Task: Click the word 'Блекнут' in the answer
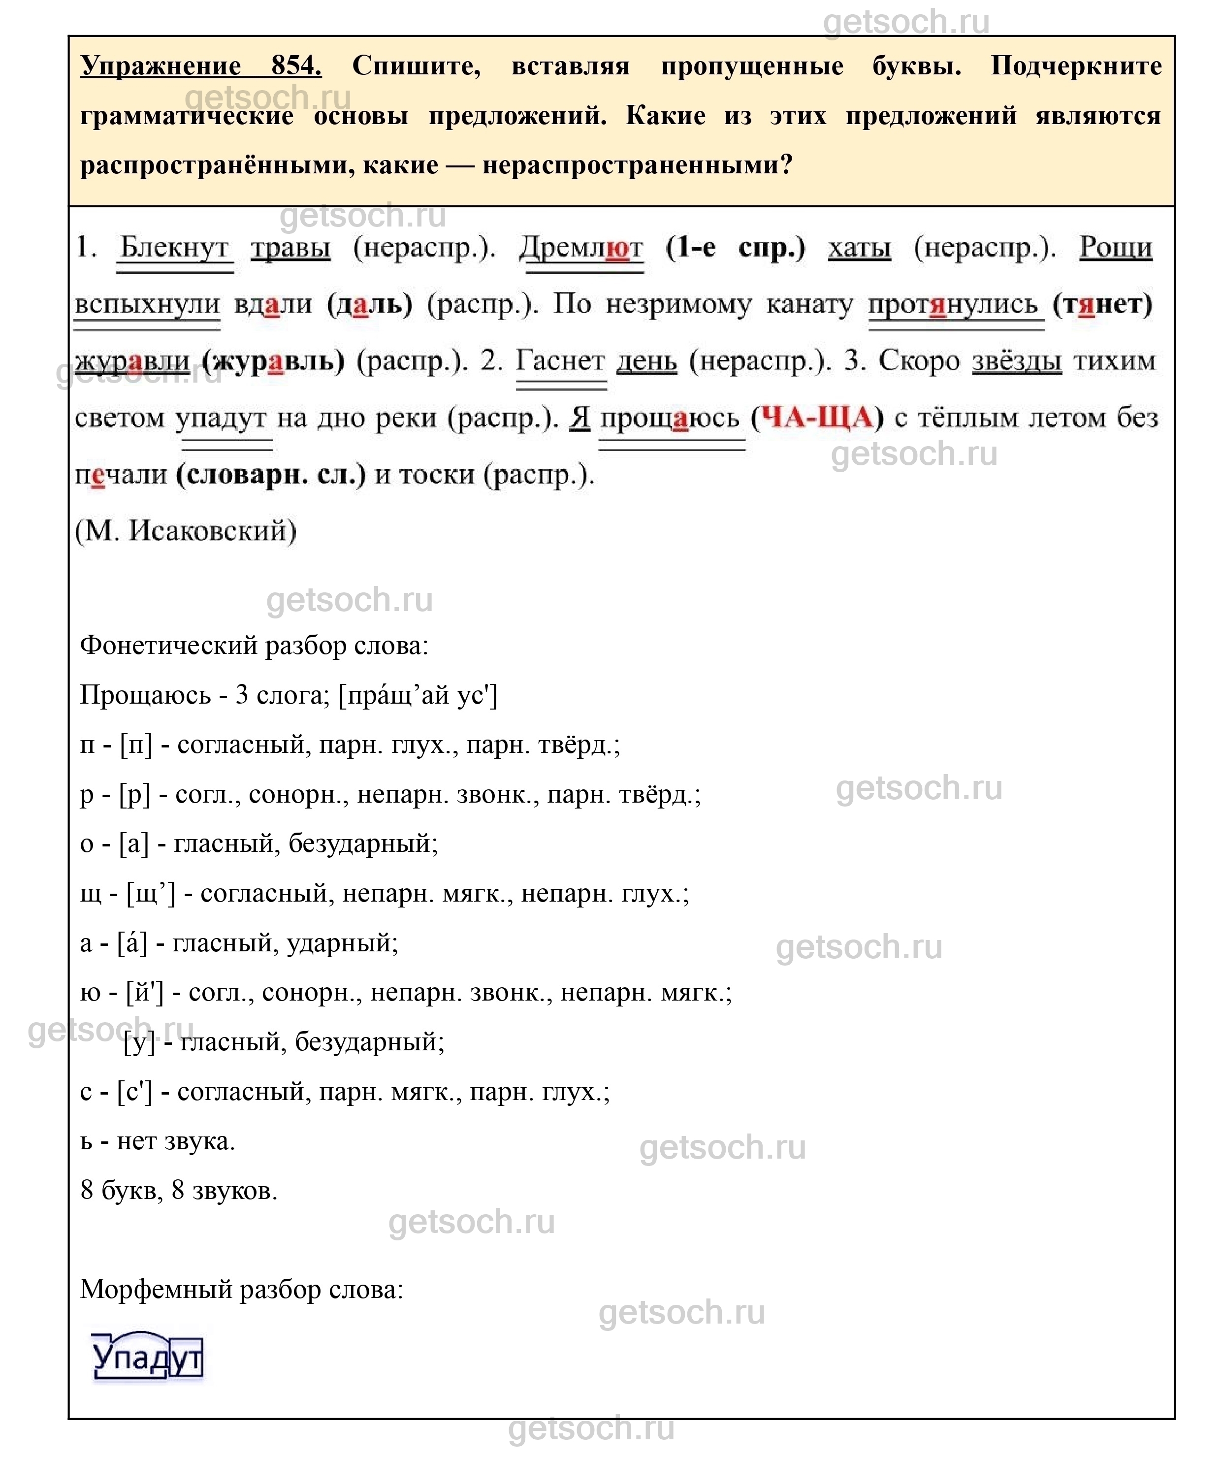[x=174, y=248]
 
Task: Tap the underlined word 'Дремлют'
[x=581, y=248]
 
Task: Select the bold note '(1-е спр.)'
[x=735, y=248]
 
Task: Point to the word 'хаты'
[x=859, y=248]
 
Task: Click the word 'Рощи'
[x=1115, y=248]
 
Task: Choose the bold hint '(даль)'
[x=369, y=305]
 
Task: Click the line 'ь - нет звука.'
[x=158, y=1141]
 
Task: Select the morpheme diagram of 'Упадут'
[x=147, y=1357]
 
